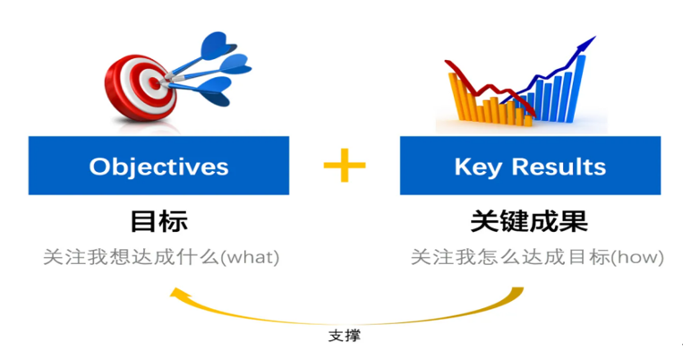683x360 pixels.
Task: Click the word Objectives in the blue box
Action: coord(158,167)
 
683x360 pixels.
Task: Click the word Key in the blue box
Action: coord(474,167)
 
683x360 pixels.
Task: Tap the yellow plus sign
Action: coord(345,166)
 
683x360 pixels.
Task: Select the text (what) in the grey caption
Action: coord(250,258)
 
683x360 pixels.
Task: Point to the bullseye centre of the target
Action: coord(149,81)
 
